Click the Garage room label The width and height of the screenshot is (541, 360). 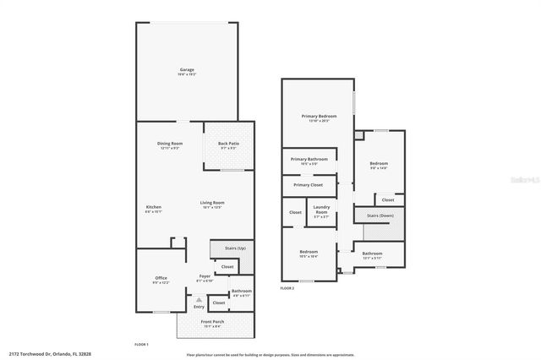click(x=187, y=69)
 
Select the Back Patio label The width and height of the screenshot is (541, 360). click(x=227, y=144)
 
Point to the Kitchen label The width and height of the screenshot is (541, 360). click(x=154, y=207)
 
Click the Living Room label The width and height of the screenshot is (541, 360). click(x=212, y=203)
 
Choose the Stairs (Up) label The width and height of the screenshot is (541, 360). click(x=235, y=248)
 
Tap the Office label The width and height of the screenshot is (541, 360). click(x=161, y=278)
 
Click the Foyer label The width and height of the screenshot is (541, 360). click(x=205, y=276)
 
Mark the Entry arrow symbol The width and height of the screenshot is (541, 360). click(x=199, y=299)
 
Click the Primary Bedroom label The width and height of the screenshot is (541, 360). click(x=320, y=115)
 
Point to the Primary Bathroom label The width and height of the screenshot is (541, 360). click(x=309, y=159)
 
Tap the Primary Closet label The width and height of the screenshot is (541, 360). click(x=309, y=184)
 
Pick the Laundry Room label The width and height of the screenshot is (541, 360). click(x=321, y=208)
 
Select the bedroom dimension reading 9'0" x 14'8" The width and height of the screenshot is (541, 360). click(x=378, y=168)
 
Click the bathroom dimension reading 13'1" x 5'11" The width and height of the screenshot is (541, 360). click(x=373, y=257)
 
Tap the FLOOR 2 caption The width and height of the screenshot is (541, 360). click(x=287, y=288)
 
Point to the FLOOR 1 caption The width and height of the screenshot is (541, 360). click(x=141, y=344)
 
